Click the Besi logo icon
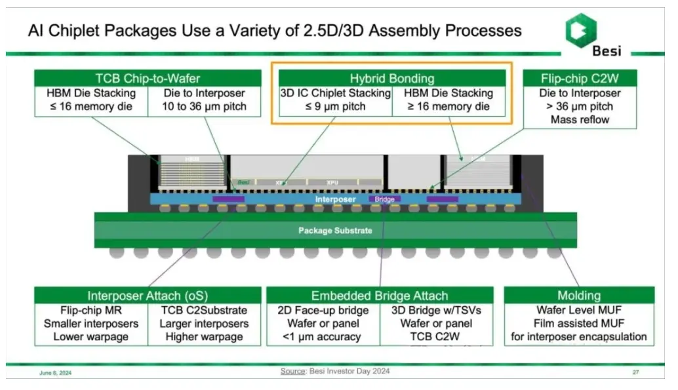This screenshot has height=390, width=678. (x=580, y=29)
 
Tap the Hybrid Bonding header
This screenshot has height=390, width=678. (x=391, y=79)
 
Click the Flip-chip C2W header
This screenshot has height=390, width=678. (x=580, y=79)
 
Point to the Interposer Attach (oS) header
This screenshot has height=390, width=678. (x=148, y=296)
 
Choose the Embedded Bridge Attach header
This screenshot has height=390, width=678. (x=380, y=296)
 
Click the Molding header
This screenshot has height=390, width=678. (x=579, y=296)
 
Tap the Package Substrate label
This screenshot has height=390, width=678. (x=335, y=231)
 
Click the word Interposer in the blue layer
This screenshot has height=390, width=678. (x=335, y=199)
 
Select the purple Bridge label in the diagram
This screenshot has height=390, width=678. (x=384, y=199)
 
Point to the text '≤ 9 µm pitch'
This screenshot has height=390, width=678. (x=335, y=106)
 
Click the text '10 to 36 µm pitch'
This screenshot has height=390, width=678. (x=197, y=106)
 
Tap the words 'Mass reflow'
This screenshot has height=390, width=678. (x=580, y=120)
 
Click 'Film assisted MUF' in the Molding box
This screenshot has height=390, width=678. (x=579, y=324)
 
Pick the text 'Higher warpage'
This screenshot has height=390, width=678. (x=204, y=337)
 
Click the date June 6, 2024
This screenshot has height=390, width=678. (x=56, y=373)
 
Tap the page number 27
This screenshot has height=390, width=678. (x=635, y=373)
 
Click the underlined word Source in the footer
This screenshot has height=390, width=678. (x=292, y=372)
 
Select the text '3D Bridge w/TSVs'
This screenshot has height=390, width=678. (x=435, y=310)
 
